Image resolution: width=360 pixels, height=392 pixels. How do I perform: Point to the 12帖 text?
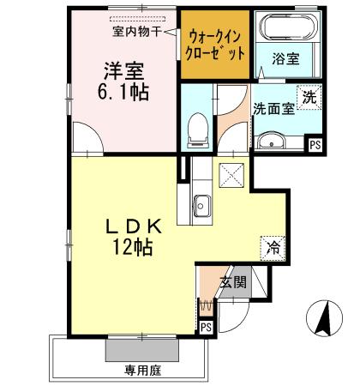click(130, 250)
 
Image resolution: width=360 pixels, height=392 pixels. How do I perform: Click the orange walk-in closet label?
click(216, 45)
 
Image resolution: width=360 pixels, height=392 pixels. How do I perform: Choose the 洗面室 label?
click(272, 109)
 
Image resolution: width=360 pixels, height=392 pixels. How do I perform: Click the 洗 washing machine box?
click(308, 97)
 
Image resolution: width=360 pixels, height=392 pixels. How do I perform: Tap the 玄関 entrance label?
click(232, 282)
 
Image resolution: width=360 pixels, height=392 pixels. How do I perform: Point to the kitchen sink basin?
click(203, 207)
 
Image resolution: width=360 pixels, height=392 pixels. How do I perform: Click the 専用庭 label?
click(143, 372)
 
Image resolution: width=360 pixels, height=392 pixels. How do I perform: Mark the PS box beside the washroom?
click(315, 146)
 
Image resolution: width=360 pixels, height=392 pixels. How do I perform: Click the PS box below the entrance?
click(205, 327)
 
